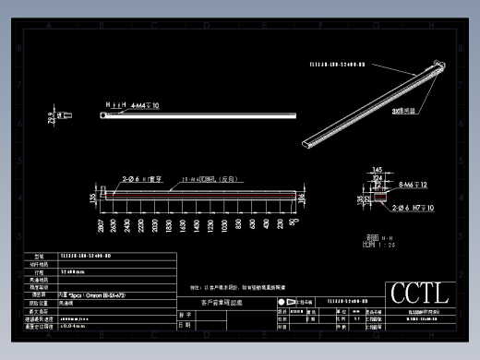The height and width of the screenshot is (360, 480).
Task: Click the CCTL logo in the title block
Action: pyautogui.click(x=419, y=294)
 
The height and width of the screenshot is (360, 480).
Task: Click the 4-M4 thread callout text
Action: pyautogui.click(x=145, y=106)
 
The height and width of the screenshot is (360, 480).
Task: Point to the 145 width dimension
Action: pyautogui.click(x=377, y=169)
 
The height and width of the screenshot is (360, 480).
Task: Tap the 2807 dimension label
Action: pyautogui.click(x=100, y=225)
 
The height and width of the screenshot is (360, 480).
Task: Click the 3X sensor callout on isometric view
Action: pyautogui.click(x=403, y=110)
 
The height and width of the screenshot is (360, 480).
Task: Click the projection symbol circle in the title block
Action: pyautogui.click(x=282, y=302)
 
